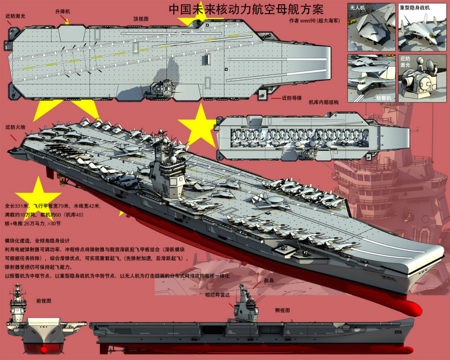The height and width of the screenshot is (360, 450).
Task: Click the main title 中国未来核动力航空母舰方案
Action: pyautogui.click(x=246, y=10)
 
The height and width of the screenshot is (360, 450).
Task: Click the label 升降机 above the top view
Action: pyautogui.click(x=63, y=11)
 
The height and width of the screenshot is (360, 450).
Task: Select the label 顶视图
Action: pyautogui.click(x=141, y=19)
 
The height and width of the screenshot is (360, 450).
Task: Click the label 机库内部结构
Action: pyautogui.click(x=324, y=102)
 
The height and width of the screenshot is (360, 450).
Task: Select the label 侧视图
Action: pyautogui.click(x=282, y=310)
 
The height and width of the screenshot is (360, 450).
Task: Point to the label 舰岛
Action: pyautogui.click(x=270, y=281)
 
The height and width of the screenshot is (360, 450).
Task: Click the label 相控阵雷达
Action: pyautogui.click(x=218, y=294)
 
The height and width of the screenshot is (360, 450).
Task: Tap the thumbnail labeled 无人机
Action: pyautogui.click(x=371, y=27)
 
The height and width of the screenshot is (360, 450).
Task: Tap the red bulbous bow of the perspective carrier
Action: pyautogui.click(x=407, y=306)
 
